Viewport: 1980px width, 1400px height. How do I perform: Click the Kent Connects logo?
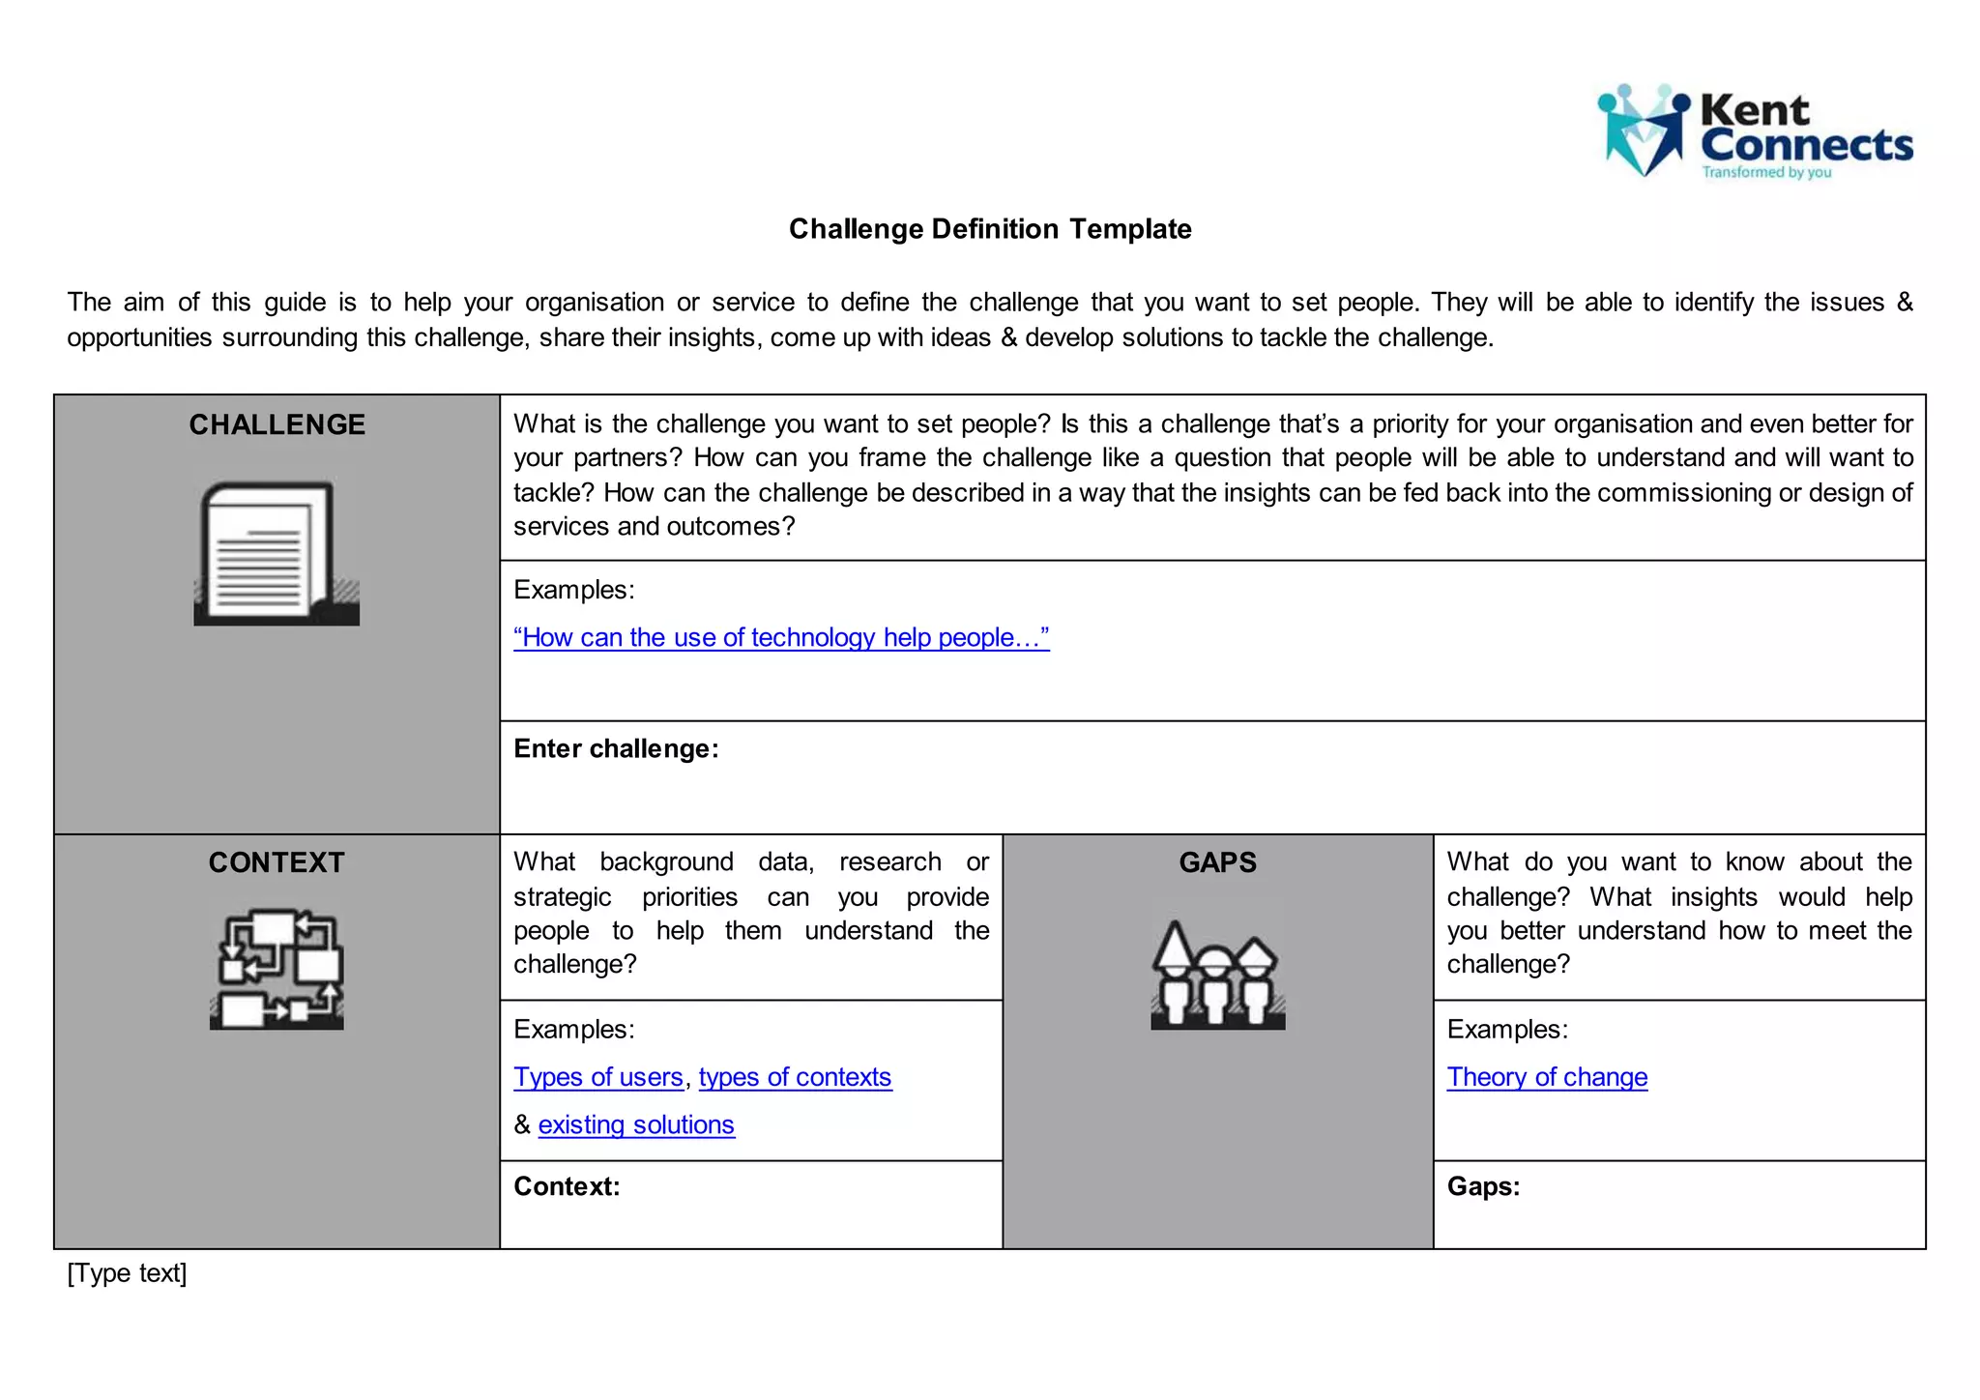1754,132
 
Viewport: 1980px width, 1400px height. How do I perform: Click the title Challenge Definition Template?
990,229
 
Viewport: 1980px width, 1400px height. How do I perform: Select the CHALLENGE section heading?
277,424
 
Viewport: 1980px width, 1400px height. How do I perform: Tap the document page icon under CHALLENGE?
277,553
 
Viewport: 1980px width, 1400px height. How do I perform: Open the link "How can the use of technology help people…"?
781,638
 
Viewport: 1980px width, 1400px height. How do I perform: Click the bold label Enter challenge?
616,749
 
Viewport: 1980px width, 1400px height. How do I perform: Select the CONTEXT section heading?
277,862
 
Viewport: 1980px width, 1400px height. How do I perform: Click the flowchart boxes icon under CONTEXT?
277,969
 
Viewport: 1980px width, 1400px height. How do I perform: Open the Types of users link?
598,1077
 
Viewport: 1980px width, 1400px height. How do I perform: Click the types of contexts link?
795,1077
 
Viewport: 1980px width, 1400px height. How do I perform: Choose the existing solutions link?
636,1125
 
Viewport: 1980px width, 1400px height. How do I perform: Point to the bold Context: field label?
567,1187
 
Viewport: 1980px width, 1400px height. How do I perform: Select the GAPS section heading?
1217,862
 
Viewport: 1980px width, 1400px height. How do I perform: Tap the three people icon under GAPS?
1217,975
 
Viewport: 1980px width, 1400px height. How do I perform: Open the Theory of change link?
1547,1077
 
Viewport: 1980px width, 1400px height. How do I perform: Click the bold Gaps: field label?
1483,1187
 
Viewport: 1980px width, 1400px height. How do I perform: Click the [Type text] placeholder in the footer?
127,1273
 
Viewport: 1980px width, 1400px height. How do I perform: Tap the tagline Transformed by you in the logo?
1766,173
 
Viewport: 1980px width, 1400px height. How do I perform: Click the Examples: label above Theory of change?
1507,1030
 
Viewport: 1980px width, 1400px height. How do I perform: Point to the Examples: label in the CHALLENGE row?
573,590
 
